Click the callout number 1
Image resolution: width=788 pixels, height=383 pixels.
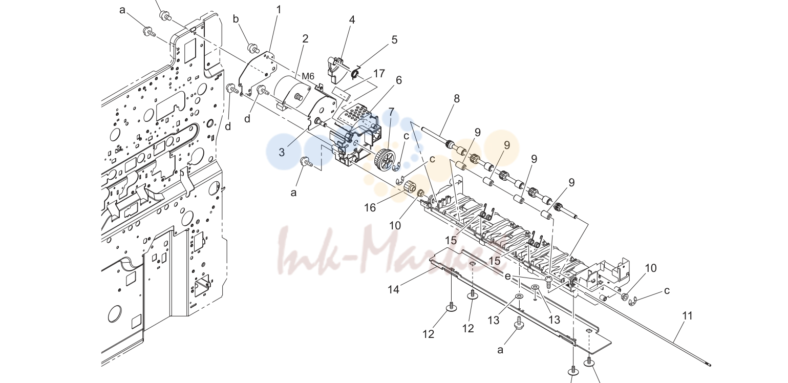click(279, 10)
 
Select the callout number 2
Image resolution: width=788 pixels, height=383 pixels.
click(305, 39)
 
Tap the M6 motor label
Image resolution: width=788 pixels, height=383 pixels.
click(308, 76)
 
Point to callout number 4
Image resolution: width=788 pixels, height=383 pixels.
click(352, 19)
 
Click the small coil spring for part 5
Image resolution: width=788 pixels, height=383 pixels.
click(355, 73)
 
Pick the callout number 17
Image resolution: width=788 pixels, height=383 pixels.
click(378, 74)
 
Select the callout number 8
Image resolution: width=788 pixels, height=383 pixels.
click(457, 98)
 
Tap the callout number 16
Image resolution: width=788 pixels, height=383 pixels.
click(370, 208)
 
